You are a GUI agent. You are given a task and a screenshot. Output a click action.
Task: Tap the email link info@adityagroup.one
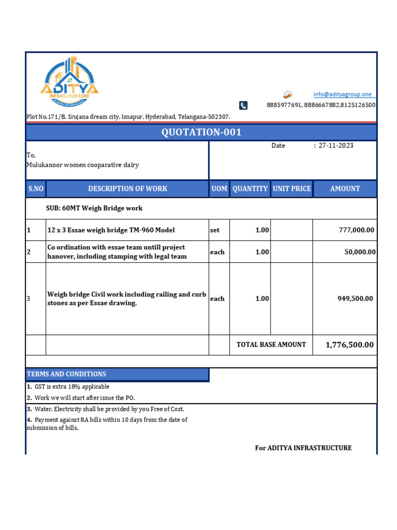tap(342, 94)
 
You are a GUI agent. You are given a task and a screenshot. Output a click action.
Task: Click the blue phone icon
tap(243, 105)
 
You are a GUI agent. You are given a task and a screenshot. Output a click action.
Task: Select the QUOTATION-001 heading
tap(201, 132)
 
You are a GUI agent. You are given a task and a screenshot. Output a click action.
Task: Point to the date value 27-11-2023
tap(336, 145)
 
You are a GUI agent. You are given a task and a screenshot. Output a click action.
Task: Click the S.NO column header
tap(36, 189)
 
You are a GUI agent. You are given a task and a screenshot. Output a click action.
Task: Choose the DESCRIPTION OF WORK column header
tap(128, 189)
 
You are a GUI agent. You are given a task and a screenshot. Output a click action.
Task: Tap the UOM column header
tap(219, 189)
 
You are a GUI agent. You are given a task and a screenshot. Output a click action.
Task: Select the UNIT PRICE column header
tap(292, 189)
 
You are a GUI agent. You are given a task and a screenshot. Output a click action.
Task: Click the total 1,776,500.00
tap(349, 345)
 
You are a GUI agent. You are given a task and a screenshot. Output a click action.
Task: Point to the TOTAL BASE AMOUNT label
tap(271, 345)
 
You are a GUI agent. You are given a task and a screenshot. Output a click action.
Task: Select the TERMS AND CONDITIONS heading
tap(66, 374)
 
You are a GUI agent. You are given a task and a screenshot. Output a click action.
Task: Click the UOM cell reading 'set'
tap(215, 230)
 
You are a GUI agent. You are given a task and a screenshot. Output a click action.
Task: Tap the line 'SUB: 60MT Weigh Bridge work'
tap(94, 208)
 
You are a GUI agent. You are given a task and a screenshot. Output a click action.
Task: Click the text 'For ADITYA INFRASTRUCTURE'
tap(303, 448)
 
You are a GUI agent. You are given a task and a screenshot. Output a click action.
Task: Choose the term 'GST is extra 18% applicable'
tap(72, 387)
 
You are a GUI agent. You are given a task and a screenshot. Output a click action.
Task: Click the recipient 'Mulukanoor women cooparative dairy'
tap(82, 165)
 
